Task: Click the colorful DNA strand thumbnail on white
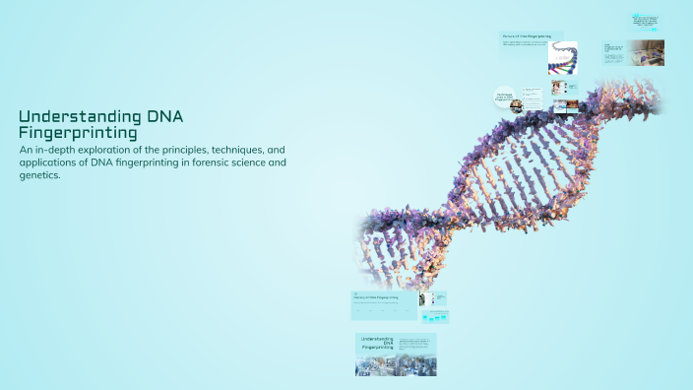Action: coord(562,58)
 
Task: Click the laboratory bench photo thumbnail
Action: coord(648,52)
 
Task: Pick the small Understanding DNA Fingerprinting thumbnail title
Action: coord(377,343)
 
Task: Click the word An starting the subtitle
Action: coord(26,149)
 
